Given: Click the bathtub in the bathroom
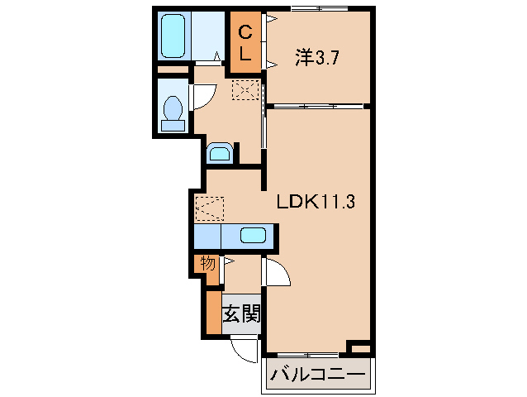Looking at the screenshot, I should [x=174, y=36].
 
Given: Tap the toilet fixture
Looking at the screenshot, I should [x=173, y=112].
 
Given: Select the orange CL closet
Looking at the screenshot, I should [x=245, y=43].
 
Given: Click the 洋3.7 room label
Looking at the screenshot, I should [x=314, y=58].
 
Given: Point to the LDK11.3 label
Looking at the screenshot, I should [x=316, y=201].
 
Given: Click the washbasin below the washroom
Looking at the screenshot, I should [x=219, y=152].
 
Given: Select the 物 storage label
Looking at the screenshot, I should [x=207, y=264].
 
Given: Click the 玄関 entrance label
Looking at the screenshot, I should [x=240, y=314].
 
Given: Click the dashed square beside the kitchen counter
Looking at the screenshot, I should [x=208, y=208].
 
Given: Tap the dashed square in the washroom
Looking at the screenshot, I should [x=246, y=88].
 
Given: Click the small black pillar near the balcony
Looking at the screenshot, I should [x=358, y=345].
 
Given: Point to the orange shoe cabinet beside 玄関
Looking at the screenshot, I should [x=214, y=313].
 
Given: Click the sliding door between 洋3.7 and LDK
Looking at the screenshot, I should [x=318, y=106].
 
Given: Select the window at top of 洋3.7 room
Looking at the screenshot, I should [x=318, y=8].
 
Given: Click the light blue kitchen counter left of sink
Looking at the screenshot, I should [x=207, y=236].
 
